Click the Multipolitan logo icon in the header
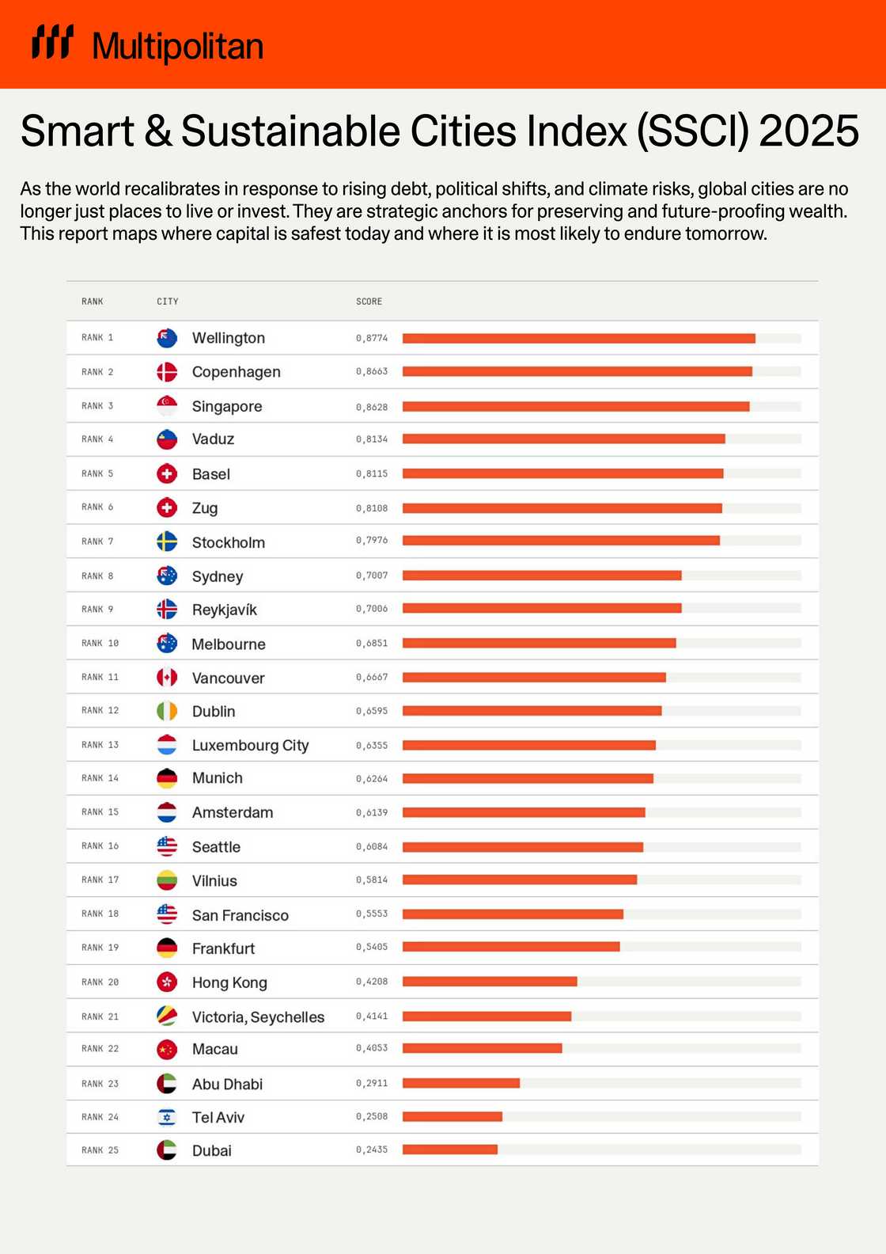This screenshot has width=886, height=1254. click(52, 42)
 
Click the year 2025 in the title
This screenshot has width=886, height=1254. click(808, 131)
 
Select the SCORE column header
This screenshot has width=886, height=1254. click(369, 302)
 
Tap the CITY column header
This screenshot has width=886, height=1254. click(168, 302)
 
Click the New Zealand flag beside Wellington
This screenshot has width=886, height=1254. click(167, 338)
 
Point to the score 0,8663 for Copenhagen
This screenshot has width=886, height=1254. click(372, 371)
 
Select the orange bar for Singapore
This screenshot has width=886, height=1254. click(575, 406)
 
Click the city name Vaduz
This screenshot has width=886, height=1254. click(213, 439)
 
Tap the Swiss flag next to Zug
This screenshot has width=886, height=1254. click(167, 507)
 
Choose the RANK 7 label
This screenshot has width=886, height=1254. click(97, 541)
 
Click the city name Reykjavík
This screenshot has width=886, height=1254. click(224, 610)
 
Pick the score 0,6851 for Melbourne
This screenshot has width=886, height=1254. click(372, 644)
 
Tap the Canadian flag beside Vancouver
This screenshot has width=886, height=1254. click(167, 678)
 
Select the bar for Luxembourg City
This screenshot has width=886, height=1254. click(528, 745)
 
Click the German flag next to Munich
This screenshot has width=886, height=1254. click(167, 778)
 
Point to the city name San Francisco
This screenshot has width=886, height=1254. click(240, 915)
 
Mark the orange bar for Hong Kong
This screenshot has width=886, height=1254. click(490, 982)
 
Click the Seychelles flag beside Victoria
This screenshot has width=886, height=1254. click(167, 1016)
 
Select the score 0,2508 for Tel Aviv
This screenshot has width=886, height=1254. click(372, 1117)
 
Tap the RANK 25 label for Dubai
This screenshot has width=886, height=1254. click(100, 1150)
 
